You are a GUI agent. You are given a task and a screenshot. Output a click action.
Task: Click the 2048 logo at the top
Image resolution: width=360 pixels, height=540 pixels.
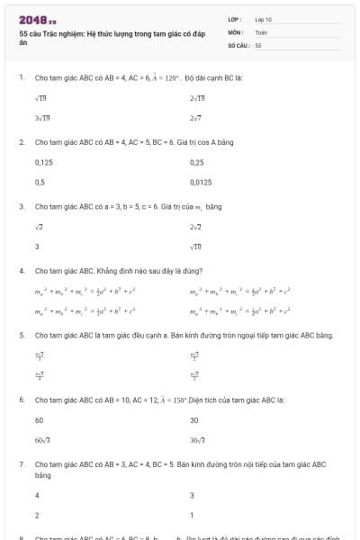pos(33,19)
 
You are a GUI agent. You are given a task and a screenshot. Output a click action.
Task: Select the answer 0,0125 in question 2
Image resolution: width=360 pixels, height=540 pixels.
pos(202,182)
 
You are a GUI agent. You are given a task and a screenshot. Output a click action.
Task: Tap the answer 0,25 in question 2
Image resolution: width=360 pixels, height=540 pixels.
pos(197,163)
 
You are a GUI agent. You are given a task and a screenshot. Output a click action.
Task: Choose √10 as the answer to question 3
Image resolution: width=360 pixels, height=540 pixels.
pos(195,246)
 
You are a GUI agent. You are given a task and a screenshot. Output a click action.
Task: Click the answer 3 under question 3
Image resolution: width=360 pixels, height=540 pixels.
pos(37,246)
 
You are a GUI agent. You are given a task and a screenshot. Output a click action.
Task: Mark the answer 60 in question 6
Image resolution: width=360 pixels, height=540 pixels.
pos(40,419)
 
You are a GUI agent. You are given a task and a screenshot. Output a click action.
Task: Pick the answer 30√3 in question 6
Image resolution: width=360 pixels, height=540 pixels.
pos(198,438)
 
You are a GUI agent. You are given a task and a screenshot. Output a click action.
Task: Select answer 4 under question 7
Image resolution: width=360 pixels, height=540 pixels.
pos(37,495)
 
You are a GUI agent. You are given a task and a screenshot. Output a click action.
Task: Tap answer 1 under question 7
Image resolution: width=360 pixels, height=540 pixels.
pos(192,515)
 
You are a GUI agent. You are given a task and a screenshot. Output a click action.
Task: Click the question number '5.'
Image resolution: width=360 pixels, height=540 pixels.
pos(21,335)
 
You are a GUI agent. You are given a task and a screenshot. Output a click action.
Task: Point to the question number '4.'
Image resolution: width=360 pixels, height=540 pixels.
pos(21,270)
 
